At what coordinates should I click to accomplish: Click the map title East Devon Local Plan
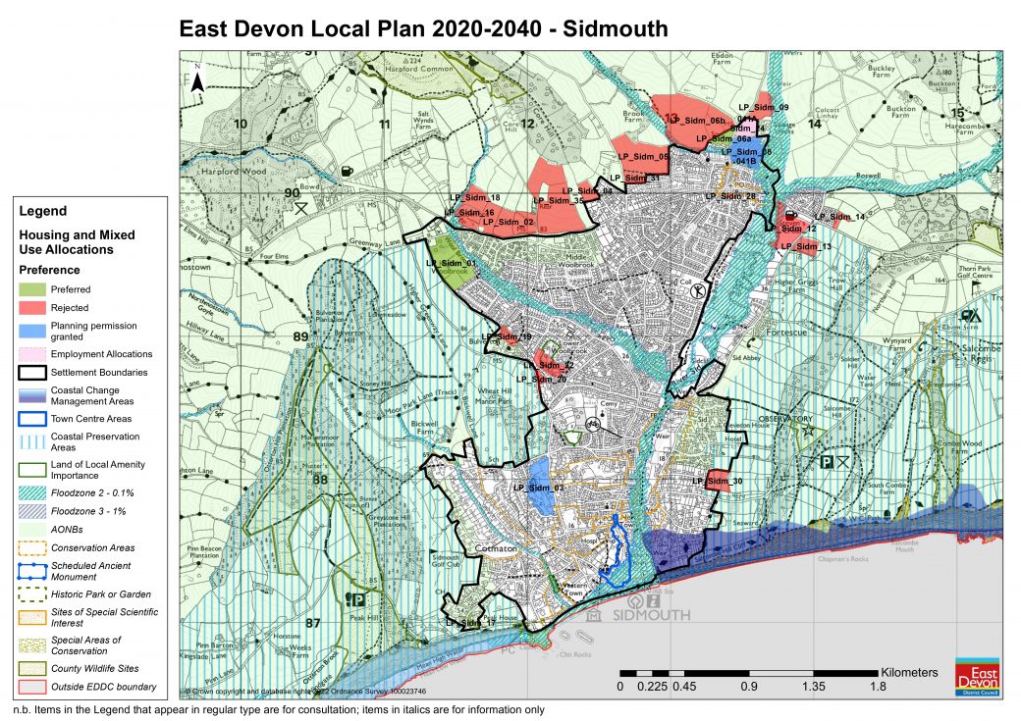pos(423,28)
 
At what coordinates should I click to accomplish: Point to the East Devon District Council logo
pos(977,676)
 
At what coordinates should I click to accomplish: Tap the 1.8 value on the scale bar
pos(877,687)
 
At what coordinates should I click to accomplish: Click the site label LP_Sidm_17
pos(470,622)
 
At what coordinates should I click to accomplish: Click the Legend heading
pos(43,211)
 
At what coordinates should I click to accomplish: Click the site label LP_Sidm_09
pos(763,107)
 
